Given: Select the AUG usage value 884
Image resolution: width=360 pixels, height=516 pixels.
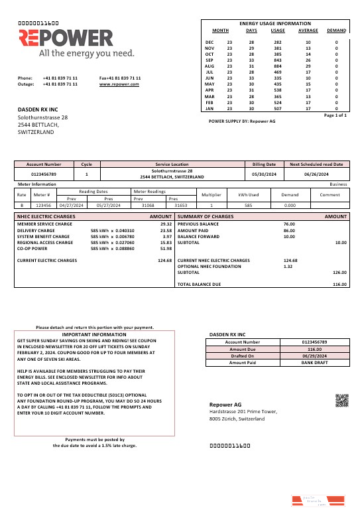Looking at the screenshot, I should click(x=278, y=66).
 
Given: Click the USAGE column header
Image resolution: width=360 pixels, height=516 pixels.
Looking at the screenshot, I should click(x=278, y=31).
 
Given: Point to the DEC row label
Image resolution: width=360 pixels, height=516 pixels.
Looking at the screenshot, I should click(x=210, y=42).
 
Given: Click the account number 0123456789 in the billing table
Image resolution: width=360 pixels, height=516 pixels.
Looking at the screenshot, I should click(x=44, y=174).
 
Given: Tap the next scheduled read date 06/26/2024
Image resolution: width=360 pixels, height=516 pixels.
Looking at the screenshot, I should click(x=316, y=174).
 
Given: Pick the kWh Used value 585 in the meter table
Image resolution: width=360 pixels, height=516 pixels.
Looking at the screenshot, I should click(x=248, y=206).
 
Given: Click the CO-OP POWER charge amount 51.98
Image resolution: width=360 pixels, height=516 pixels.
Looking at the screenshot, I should click(x=166, y=249).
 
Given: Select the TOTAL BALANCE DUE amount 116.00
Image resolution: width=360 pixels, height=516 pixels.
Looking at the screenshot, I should click(x=339, y=284).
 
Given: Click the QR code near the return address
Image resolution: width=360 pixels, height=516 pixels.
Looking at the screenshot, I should click(x=341, y=400).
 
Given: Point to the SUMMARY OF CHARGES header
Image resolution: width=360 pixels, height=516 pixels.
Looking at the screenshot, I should click(x=206, y=217).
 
